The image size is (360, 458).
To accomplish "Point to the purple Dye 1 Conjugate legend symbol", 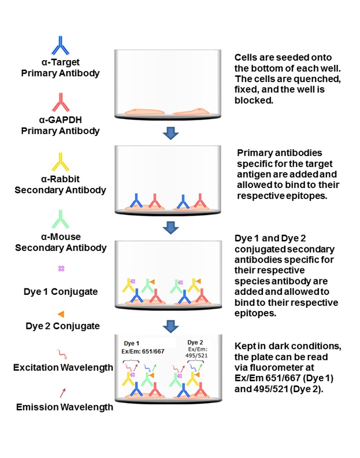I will (x=61, y=268).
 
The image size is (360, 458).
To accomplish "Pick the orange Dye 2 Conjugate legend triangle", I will (x=61, y=313).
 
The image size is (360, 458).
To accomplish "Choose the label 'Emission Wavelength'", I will (x=64, y=407).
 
